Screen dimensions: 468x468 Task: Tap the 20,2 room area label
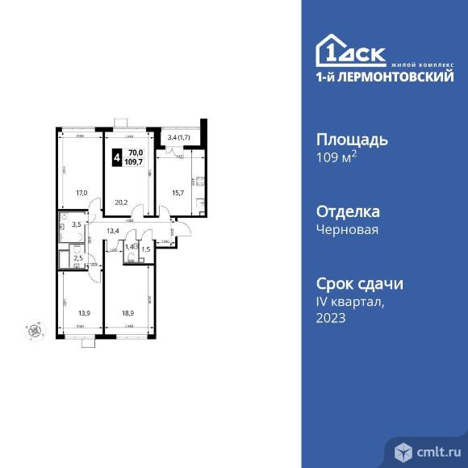point(121,203)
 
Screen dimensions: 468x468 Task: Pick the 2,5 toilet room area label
point(78,257)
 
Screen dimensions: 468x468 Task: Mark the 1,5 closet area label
point(146,249)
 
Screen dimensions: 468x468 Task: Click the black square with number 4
point(118,157)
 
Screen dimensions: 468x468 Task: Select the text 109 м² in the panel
point(338,157)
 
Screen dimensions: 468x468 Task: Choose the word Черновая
point(349,229)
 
